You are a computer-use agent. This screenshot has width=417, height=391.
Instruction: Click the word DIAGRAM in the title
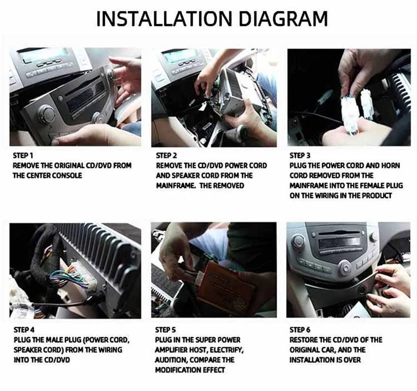[283, 18]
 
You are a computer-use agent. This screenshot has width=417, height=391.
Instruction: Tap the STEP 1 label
[23, 155]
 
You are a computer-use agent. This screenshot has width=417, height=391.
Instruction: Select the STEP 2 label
[166, 155]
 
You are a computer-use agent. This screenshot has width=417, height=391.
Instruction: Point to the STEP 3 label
[300, 155]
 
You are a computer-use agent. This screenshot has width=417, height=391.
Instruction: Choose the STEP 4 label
[24, 330]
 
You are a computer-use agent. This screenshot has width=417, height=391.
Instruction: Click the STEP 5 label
[165, 330]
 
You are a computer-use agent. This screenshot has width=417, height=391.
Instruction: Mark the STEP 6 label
[300, 330]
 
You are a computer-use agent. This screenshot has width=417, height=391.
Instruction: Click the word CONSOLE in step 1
[67, 175]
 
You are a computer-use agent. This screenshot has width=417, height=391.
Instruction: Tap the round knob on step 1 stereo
[46, 113]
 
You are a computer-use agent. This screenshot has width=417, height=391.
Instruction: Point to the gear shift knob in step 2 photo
[241, 131]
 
